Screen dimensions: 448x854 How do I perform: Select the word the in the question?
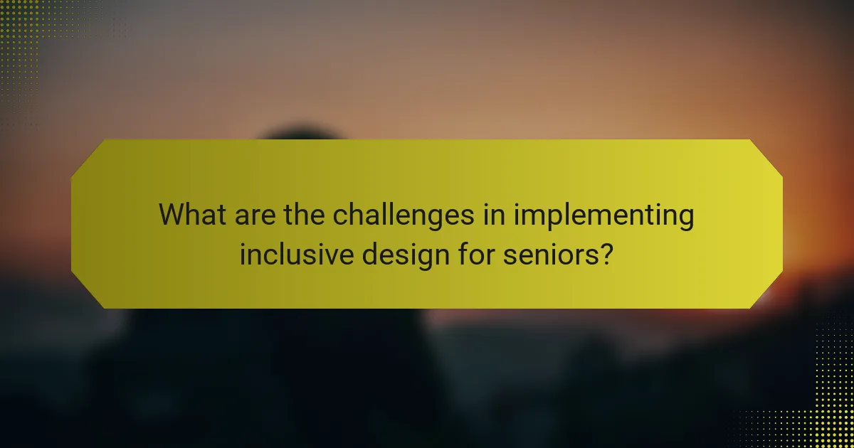(305, 214)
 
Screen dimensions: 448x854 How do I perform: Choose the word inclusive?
(297, 254)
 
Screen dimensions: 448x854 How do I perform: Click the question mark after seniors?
(607, 254)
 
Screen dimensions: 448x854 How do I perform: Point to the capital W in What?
(172, 214)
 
